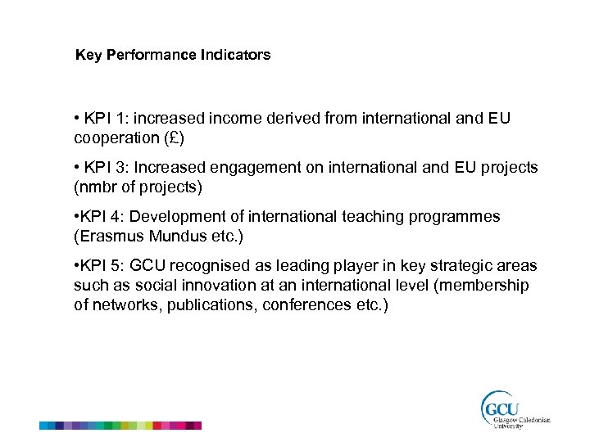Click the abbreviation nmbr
point(100,187)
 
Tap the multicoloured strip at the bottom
point(120,426)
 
